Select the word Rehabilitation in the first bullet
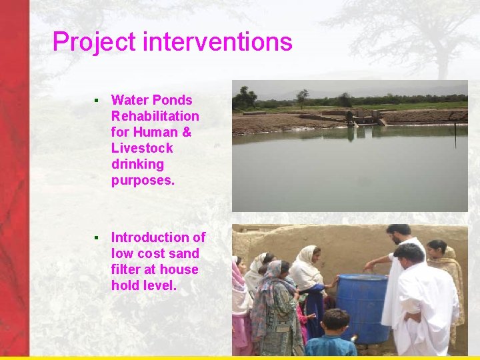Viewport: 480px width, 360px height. [155, 116]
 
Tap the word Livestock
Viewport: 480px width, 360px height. [141, 148]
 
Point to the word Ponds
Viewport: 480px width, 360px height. [172, 100]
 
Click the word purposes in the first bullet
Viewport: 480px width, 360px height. [142, 180]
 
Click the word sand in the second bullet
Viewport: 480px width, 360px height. [183, 253]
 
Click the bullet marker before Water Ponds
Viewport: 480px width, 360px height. [96, 101]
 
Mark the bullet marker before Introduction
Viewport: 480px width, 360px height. [96, 238]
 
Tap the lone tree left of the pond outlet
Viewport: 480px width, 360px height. [303, 97]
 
